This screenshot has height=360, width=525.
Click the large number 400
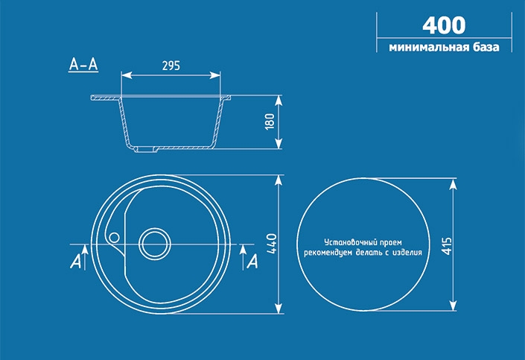[444, 25]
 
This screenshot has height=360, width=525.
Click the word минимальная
[428, 47]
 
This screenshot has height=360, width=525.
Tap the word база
[486, 47]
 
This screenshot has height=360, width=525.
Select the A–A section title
[83, 64]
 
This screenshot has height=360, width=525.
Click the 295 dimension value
[171, 66]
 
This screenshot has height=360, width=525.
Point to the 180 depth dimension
[270, 121]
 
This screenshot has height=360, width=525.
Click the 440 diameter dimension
[272, 244]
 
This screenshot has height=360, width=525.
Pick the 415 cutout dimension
[446, 247]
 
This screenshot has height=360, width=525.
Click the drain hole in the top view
[155, 244]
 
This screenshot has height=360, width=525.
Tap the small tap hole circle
[114, 238]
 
